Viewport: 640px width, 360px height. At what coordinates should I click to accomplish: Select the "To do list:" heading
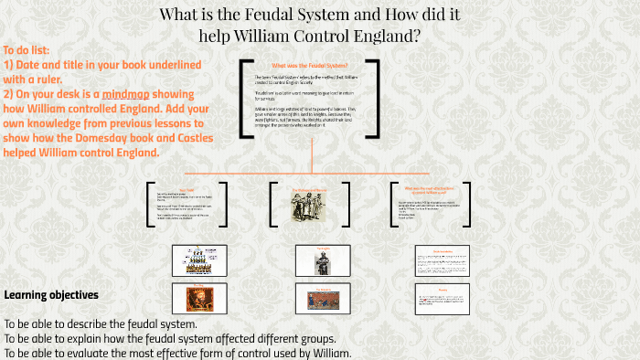[27, 50]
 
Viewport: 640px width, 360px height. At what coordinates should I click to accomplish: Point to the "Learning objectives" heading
[51, 294]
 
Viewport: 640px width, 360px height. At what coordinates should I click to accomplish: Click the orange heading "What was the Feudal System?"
[309, 65]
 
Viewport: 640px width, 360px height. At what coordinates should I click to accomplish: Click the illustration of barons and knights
[309, 209]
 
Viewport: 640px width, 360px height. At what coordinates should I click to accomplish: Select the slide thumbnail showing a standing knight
[322, 259]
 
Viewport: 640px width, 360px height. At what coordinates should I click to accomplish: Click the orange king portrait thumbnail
[194, 296]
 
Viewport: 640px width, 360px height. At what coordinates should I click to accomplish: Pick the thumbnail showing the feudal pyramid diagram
[194, 259]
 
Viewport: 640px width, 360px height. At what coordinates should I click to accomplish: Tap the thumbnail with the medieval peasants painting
[322, 296]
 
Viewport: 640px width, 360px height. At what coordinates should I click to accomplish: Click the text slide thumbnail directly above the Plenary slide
[443, 259]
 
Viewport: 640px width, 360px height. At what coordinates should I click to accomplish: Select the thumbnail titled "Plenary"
[443, 296]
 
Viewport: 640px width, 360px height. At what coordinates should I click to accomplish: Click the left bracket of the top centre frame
[243, 99]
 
